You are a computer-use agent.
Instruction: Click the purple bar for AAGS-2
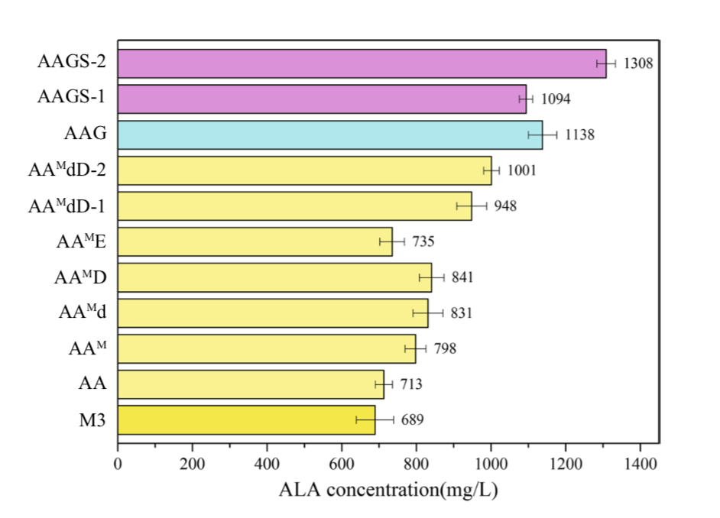click(359, 63)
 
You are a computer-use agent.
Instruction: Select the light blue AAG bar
click(329, 134)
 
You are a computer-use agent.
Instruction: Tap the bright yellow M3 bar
click(246, 419)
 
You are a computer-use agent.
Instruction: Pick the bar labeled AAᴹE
click(255, 241)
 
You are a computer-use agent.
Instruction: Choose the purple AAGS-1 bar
click(321, 99)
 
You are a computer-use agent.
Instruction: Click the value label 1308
click(638, 63)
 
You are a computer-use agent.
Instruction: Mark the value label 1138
click(579, 135)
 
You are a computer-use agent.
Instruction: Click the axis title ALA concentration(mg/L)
click(388, 489)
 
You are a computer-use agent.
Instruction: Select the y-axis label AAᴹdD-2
click(67, 170)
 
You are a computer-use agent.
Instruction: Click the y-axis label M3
click(91, 419)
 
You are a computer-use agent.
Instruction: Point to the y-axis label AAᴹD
click(80, 277)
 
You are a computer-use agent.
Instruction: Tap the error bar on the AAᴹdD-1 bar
click(472, 206)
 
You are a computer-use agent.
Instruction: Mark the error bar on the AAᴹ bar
click(416, 348)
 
